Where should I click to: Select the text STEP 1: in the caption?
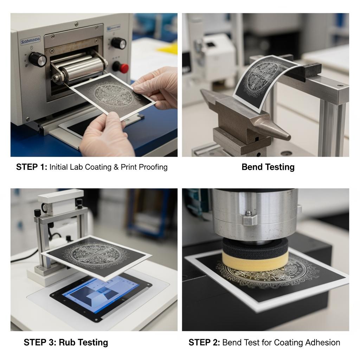point(31,167)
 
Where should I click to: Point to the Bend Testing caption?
point(268,167)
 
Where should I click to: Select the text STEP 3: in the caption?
point(40,342)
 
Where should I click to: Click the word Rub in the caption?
point(67,342)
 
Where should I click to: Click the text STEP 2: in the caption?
point(204,342)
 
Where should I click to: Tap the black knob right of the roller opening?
point(119,43)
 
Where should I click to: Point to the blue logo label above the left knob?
point(30,41)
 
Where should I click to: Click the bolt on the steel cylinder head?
point(248,213)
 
